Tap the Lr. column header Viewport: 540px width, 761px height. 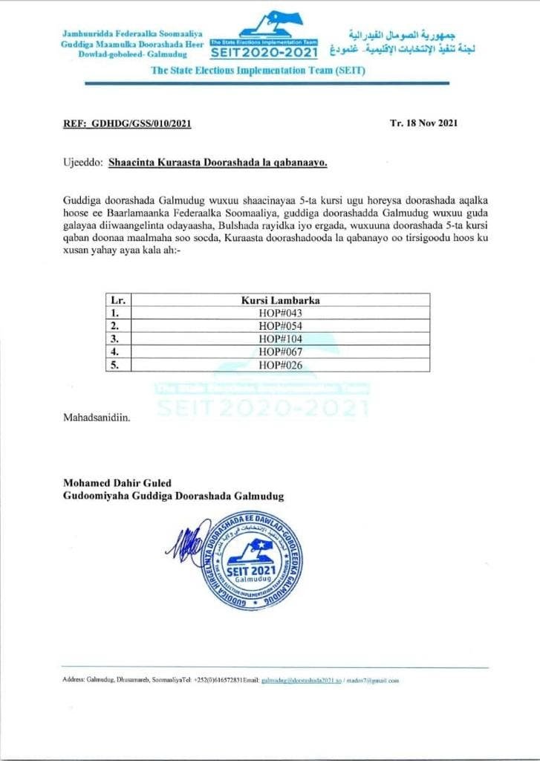tap(117, 300)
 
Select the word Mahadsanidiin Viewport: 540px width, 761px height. tap(97, 418)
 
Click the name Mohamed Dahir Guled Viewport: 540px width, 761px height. tap(117, 484)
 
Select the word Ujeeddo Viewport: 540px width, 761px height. tap(82, 161)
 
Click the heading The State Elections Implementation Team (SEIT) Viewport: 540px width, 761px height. tap(258, 71)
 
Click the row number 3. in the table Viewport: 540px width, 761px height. tap(115, 338)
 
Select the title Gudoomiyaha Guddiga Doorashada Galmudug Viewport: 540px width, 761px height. tap(173, 496)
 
